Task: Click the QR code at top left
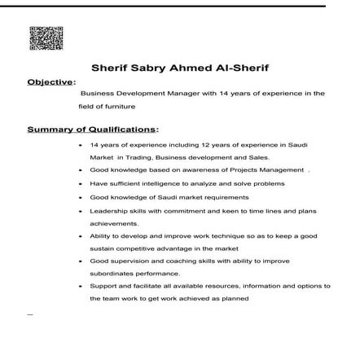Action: pos(46,37)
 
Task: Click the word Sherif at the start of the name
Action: pos(109,68)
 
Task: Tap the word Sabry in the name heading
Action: pos(150,68)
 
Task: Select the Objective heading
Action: pos(50,81)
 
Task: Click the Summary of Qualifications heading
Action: pos(91,129)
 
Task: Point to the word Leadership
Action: pos(107,209)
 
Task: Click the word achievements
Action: pos(113,222)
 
